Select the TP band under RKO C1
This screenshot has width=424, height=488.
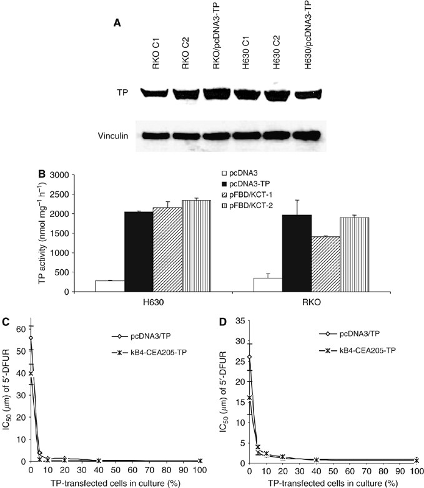tap(150, 94)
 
